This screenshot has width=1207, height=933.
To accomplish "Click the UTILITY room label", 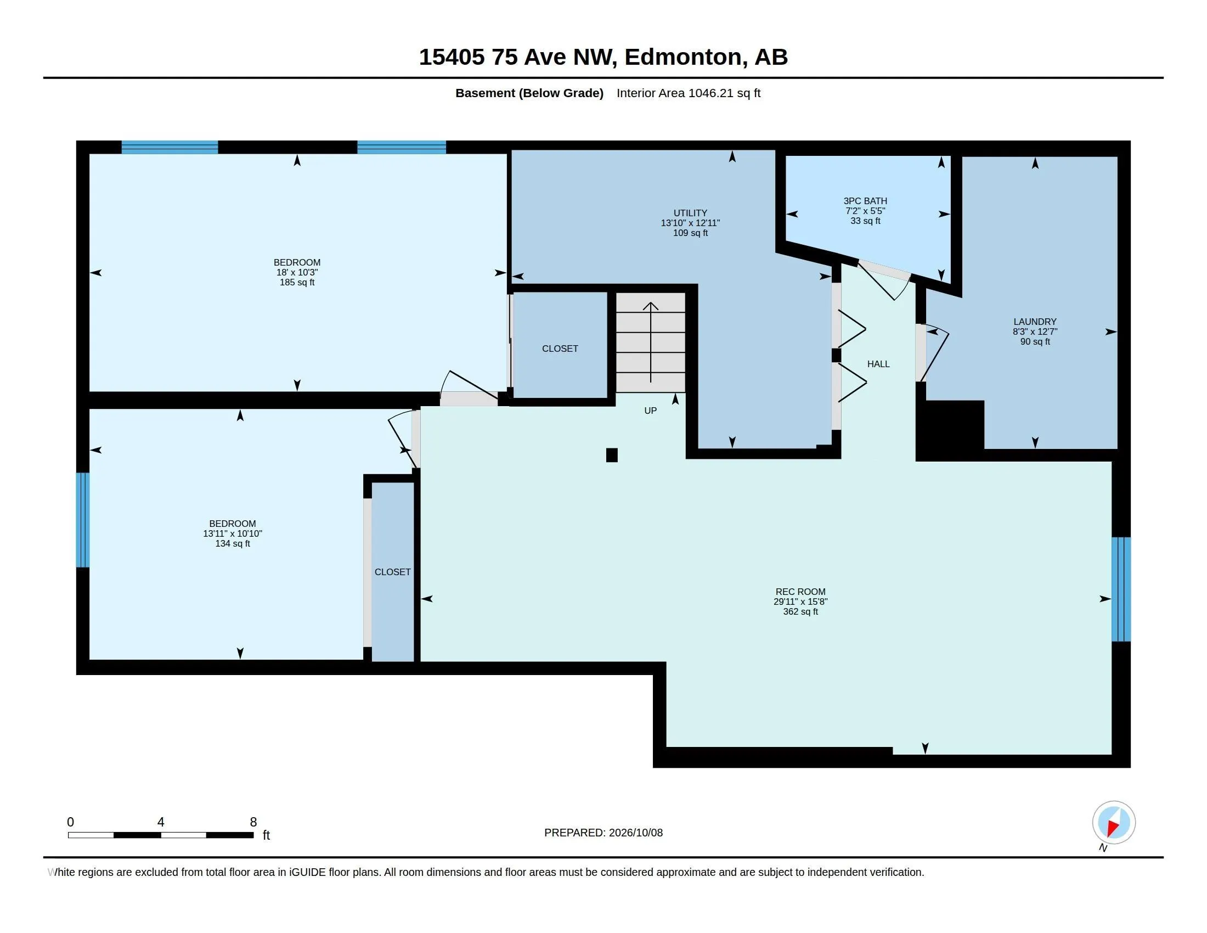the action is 690,213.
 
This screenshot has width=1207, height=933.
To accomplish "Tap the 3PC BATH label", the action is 865,201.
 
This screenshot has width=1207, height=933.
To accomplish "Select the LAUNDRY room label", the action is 1035,321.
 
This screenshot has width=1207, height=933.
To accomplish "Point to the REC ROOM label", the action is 800,592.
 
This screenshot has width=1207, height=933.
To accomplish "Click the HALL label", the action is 878,364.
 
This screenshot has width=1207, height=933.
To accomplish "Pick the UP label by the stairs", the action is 651,410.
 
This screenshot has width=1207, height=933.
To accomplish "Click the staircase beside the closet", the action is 651,342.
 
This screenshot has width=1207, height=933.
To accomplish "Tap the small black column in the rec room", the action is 612,455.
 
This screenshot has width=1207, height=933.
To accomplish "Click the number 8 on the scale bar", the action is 253,822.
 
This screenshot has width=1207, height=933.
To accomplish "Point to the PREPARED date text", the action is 603,833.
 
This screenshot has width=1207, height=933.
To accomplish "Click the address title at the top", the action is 603,57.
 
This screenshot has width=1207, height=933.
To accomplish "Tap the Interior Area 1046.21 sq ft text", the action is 689,93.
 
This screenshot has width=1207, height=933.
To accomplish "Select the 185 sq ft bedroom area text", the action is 297,283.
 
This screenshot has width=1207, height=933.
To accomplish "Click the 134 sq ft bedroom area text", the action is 232,543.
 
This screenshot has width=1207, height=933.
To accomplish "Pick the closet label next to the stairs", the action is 560,348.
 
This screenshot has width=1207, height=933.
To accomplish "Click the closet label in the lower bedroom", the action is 392,571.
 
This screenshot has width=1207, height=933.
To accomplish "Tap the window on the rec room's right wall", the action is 1121,589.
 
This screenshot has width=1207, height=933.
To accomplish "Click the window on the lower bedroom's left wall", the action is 82,520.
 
